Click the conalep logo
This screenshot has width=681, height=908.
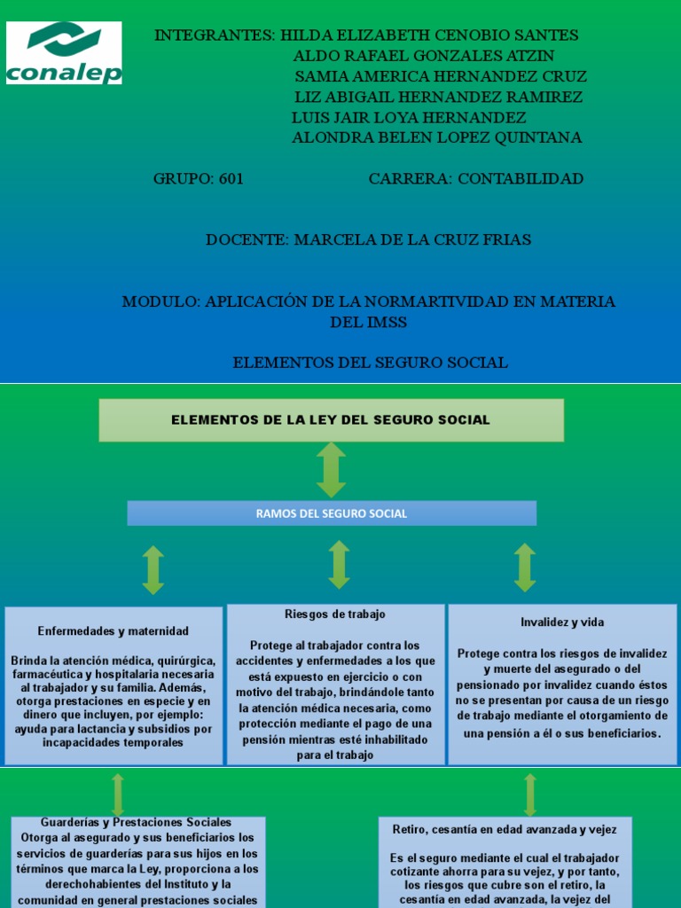(64, 52)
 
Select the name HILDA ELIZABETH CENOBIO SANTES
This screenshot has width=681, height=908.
(429, 35)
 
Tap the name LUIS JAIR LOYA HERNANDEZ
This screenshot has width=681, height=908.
(409, 117)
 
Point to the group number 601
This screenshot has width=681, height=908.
(231, 178)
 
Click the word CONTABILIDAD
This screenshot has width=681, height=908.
(521, 178)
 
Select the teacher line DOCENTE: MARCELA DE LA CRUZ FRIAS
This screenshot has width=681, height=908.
(368, 239)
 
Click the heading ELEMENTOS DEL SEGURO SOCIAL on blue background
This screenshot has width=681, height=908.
(370, 362)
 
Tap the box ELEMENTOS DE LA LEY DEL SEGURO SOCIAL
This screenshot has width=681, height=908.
(331, 419)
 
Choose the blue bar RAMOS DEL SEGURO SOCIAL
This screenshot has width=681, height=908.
(332, 513)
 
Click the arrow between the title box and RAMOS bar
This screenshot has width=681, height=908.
(331, 469)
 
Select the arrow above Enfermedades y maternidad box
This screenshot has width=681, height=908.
(153, 569)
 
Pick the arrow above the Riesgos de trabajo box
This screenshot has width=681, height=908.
(339, 565)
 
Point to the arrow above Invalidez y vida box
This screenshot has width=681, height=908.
(525, 567)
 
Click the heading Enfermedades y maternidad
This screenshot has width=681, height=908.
(113, 630)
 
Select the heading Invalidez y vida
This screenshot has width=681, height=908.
(562, 622)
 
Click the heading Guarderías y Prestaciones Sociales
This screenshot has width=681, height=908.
(137, 823)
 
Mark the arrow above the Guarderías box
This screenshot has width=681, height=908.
(118, 794)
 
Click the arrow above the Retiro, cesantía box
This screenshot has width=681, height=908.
(530, 794)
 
